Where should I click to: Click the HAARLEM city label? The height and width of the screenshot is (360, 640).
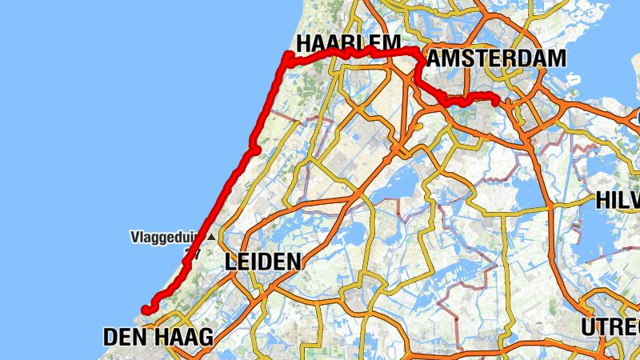347,42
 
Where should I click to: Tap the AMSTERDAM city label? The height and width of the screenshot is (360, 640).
496,58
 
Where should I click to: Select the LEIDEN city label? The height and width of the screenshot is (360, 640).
263,262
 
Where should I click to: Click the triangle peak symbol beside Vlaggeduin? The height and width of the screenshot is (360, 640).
210,237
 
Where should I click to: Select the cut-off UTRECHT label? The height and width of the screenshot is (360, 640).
610,327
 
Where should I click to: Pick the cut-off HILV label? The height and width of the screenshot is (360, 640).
618,200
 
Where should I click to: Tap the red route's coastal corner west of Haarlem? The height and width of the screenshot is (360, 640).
288,54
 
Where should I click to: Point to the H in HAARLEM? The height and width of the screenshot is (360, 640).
305,42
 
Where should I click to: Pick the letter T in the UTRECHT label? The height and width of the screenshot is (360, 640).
602,327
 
